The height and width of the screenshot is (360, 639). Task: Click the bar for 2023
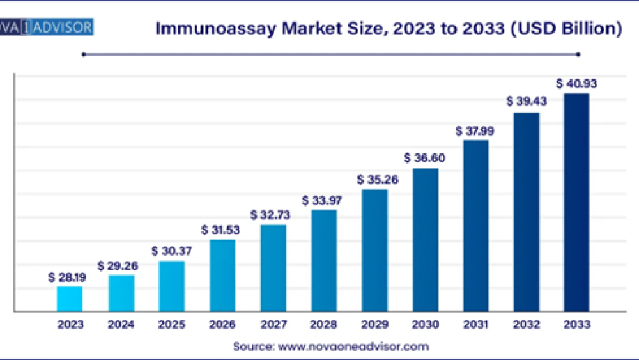coord(70,299)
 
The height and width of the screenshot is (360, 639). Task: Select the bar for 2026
coord(222,276)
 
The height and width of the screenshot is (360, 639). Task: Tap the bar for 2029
coord(374,250)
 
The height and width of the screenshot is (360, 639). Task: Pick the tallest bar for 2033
coord(576,203)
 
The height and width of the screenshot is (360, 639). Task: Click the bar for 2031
coord(476,226)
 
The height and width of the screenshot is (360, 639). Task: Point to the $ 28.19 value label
coord(68,278)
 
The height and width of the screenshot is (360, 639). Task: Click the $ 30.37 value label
coord(171,251)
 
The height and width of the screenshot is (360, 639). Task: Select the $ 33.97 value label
coord(323,201)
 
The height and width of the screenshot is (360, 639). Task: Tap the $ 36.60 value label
coord(424,158)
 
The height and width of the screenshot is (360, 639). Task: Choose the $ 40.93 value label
coord(576,84)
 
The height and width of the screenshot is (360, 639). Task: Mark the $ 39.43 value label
coord(527,102)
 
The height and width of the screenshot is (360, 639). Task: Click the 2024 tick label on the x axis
coord(121,325)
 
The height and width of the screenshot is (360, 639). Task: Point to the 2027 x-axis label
coord(273,325)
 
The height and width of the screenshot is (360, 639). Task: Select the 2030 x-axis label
coord(425,325)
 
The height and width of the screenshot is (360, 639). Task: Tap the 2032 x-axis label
coord(527,325)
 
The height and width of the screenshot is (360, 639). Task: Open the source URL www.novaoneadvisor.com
coord(353,347)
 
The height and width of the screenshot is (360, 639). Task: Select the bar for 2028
coord(324,261)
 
